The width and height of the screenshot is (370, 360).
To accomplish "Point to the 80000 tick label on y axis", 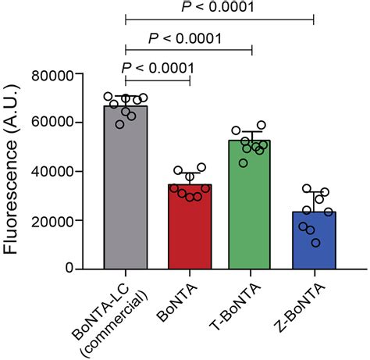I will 61,75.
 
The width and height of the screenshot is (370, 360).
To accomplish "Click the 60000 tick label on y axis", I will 61,123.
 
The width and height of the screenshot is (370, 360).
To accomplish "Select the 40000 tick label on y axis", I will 61,172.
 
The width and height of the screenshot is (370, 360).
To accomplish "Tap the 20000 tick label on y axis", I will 61,221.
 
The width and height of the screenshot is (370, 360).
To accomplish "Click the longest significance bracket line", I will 219,20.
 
